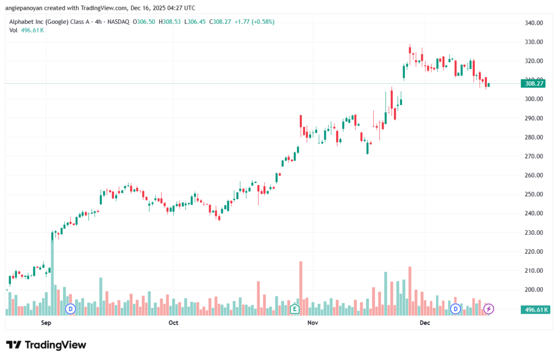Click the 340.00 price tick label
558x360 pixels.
click(534, 23)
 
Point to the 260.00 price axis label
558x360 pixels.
click(534, 175)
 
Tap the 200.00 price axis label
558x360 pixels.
click(534, 290)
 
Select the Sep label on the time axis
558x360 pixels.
click(46, 323)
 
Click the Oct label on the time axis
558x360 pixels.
click(173, 323)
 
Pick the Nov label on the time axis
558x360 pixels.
click(312, 323)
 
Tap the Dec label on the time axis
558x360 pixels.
click(425, 323)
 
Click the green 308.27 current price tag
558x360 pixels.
click(533, 83)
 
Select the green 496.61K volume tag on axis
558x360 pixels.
click(534, 309)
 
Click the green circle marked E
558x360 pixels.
click(295, 309)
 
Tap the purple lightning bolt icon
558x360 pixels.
click(489, 309)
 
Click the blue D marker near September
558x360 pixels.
click(70, 309)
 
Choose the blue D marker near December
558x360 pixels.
click(455, 309)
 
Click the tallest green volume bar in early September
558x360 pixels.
click(53, 272)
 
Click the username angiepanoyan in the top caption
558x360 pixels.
click(27, 8)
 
